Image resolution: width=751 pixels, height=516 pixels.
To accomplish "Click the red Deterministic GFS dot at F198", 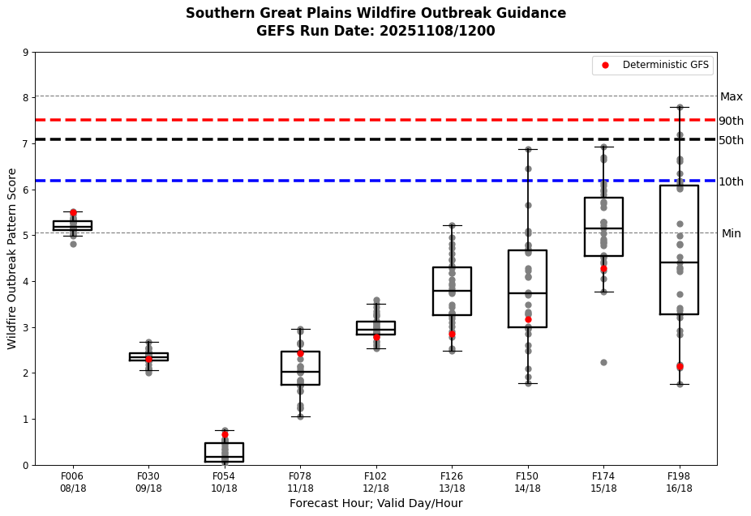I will pos(680,367).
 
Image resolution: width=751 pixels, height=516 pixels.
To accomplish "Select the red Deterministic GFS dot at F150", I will pos(528,319).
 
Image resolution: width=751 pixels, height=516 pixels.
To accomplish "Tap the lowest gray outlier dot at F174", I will pos(603,362).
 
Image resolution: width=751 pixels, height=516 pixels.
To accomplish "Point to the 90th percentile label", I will pos(731,121).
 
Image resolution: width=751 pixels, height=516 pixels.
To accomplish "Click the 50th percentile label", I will pos(731,140).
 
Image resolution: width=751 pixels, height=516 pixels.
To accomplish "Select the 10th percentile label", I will pos(731,181).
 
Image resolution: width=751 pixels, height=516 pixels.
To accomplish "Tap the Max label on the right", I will pos(731,96).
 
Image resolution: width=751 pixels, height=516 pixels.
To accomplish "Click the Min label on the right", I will pos(731,233).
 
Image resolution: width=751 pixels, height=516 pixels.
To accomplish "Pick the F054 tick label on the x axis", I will pos(224,476).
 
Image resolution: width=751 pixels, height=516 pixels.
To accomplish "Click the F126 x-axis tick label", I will pos(452,476).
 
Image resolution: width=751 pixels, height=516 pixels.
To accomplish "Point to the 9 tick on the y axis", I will pos(25,53).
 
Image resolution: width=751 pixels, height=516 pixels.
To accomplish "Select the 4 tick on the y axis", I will pos(25,282).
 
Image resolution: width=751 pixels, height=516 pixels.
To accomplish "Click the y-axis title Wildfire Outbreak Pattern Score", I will pos(12,258).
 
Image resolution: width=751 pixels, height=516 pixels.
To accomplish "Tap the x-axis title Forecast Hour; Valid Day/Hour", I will pos(375,503).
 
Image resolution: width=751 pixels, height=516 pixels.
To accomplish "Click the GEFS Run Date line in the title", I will pos(375,32).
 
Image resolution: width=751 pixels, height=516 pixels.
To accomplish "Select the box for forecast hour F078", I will pos(300,368).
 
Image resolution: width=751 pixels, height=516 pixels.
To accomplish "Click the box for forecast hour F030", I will pos(148,356).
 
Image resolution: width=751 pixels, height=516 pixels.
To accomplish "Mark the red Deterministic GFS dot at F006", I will pos(73,213).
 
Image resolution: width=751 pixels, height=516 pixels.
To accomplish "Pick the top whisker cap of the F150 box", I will pos(527,149).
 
